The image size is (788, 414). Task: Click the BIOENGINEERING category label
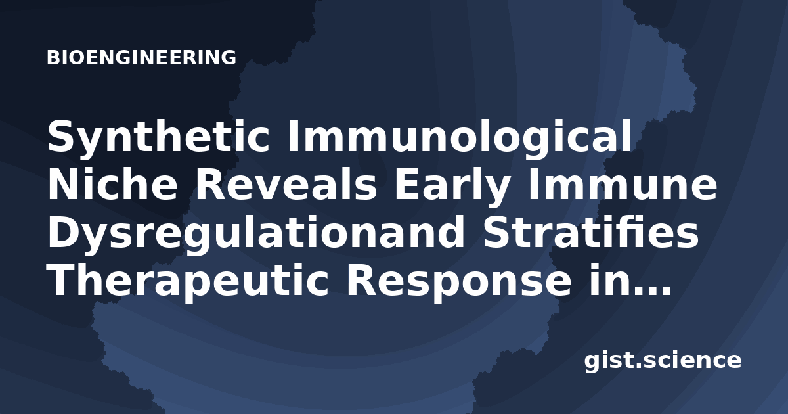[141, 57]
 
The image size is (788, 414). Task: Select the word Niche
[112, 184]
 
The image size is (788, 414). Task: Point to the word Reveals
[286, 184]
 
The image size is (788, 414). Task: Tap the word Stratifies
[590, 231]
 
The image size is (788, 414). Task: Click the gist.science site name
[663, 361]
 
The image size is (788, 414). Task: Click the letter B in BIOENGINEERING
[53, 57]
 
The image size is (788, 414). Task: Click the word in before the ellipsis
[610, 279]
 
